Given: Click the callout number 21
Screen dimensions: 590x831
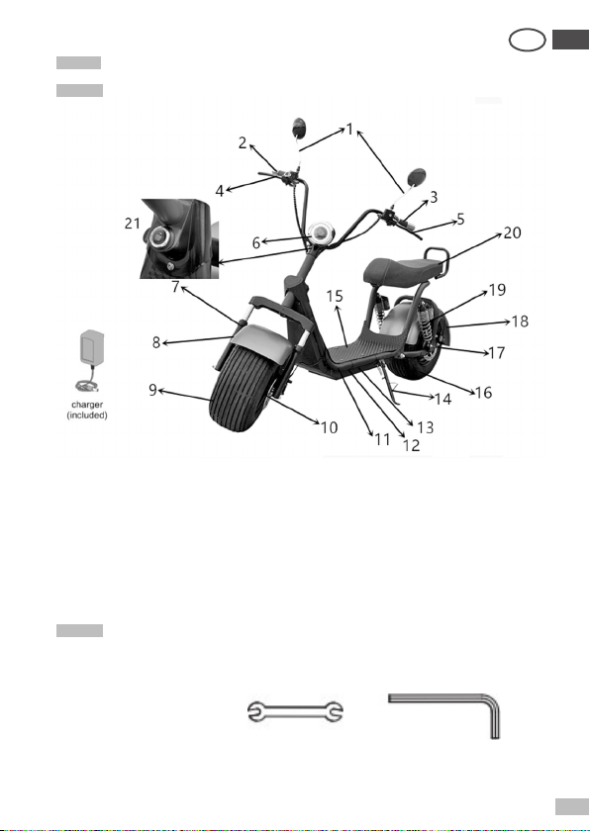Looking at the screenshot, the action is click(132, 224).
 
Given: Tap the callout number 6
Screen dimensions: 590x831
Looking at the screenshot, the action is click(256, 242).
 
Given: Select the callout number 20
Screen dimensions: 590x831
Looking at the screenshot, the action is click(512, 232).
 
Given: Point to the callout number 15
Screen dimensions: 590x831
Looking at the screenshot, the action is click(335, 296).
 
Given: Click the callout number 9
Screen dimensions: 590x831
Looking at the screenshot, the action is click(152, 390).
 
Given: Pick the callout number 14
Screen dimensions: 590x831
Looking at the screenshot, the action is click(442, 399).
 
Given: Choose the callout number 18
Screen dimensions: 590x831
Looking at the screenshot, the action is click(520, 322).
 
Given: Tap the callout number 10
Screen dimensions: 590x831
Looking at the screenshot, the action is click(330, 427).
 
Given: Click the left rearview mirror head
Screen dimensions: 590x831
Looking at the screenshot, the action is click(300, 128).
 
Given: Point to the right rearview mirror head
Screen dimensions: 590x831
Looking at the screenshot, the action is click(416, 177).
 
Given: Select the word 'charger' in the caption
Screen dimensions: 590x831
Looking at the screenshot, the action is click(87, 405).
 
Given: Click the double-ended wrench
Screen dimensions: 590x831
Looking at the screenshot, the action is click(295, 711).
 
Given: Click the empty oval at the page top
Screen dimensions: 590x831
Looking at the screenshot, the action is click(527, 40).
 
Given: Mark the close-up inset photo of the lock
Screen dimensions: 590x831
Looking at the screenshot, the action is click(179, 238).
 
